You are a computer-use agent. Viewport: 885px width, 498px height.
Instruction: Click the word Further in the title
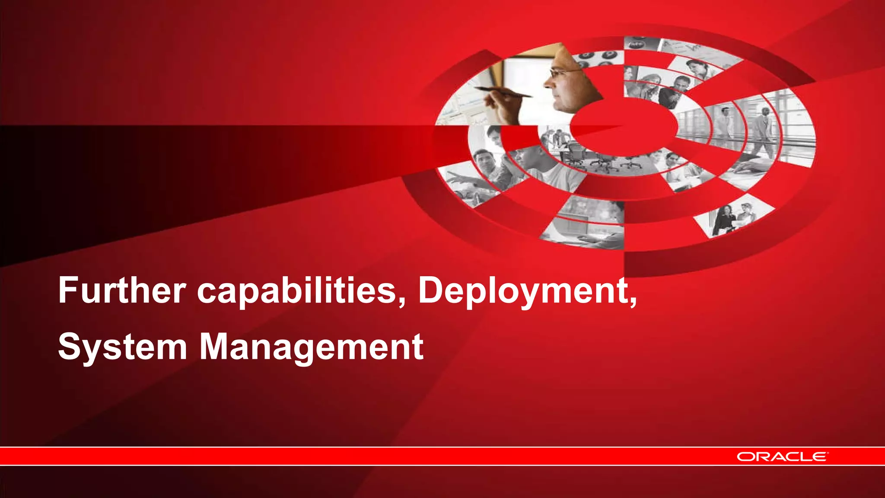(122, 290)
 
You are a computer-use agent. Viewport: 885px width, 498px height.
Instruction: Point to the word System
(122, 347)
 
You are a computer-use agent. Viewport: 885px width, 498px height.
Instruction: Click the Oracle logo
(782, 456)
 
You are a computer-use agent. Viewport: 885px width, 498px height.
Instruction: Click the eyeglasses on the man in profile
(560, 73)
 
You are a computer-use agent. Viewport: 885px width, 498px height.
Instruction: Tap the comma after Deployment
(633, 301)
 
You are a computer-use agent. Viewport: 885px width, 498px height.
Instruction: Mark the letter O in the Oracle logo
(745, 456)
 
